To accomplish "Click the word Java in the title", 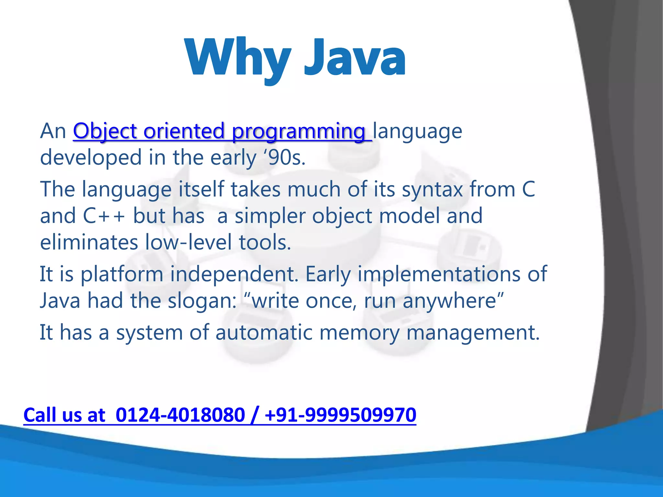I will [354, 58].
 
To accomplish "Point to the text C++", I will [104, 216].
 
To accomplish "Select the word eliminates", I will [89, 243].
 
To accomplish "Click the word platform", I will [122, 274].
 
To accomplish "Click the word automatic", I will [264, 333].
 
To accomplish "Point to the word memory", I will [359, 333].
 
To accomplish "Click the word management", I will [473, 333].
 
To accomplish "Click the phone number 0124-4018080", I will [180, 415].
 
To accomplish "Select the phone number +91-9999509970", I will [340, 415].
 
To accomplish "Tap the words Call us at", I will [64, 415].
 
